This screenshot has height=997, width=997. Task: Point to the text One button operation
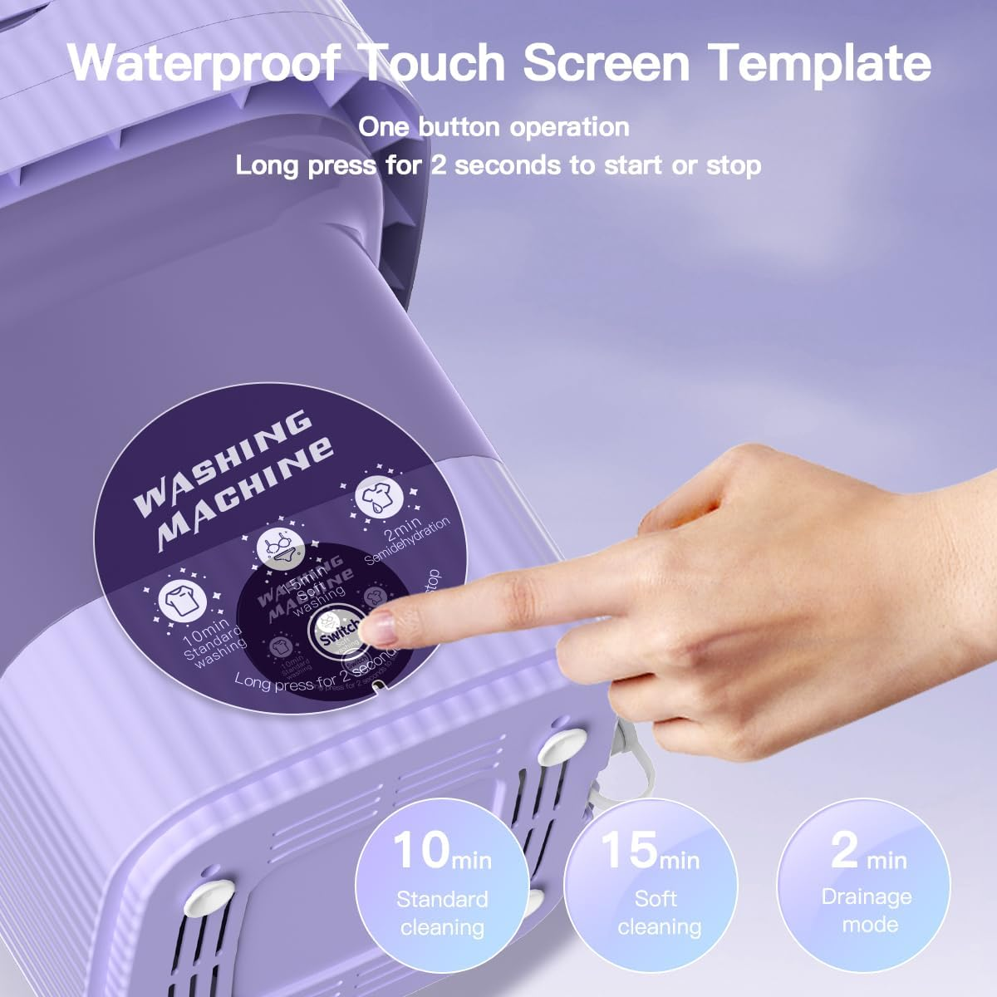(494, 127)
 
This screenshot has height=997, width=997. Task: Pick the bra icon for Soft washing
(279, 548)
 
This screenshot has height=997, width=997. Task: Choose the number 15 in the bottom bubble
(628, 851)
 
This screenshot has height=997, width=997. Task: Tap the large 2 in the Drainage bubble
(844, 849)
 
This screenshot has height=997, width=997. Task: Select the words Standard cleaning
(442, 913)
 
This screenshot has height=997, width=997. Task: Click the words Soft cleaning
(659, 912)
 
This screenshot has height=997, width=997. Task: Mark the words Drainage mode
(867, 911)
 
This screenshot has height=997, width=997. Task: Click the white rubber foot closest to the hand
(562, 745)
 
